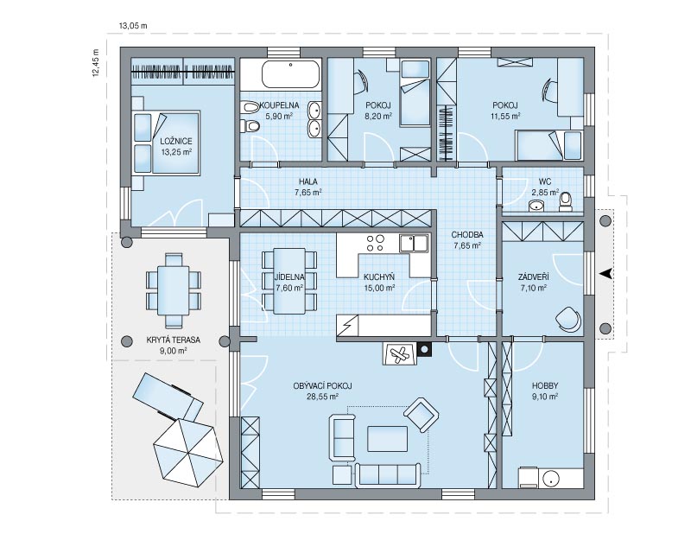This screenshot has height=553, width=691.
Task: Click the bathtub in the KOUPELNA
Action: coord(290,74)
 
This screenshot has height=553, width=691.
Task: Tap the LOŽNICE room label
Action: coord(176,142)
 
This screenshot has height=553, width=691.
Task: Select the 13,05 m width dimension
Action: coord(133,26)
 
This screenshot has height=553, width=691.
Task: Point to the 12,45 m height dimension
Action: coord(96,63)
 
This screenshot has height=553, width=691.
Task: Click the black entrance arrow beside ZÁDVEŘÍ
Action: coord(606,273)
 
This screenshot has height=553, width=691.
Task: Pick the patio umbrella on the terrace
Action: coord(185,452)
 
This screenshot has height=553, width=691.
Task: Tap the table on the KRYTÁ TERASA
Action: coord(174,290)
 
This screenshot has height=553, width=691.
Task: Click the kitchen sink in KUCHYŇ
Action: coord(414,244)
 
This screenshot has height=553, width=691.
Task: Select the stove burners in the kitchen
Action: coord(376,244)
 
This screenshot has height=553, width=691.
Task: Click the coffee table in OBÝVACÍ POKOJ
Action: coord(387,439)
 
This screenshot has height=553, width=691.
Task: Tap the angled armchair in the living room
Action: coord(422,415)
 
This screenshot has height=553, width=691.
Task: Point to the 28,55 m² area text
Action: coord(322,397)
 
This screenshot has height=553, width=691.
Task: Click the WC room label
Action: coord(545,181)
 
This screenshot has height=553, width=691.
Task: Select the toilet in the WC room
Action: coord(565,201)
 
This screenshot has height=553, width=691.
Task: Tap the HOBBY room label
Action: coord(545,385)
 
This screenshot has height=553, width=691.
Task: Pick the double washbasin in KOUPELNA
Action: coord(314,119)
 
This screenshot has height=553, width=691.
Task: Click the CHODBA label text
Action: coord(467,235)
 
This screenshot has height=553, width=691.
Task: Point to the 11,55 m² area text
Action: coord(505,117)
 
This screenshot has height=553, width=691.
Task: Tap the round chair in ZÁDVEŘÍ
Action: coord(567,318)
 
